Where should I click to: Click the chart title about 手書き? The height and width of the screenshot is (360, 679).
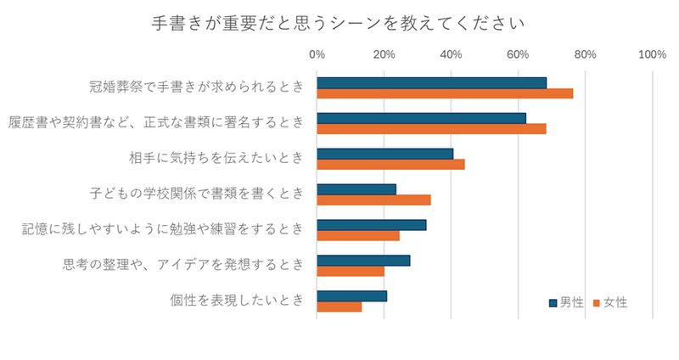coord(339,20)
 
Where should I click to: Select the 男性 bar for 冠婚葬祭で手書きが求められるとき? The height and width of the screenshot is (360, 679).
coord(431,82)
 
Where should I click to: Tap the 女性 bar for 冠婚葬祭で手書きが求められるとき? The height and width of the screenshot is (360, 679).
coord(445,93)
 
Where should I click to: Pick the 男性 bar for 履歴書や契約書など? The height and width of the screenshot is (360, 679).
coord(421,118)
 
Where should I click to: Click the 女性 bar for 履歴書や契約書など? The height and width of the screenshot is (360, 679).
coord(431,129)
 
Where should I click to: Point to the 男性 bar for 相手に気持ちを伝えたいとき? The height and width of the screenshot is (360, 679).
coord(384,154)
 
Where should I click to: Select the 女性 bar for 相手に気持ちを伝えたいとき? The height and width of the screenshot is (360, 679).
coord(390,165)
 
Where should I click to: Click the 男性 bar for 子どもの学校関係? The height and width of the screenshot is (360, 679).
coord(356,189)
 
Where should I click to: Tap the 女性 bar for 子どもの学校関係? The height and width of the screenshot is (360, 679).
coord(373,200)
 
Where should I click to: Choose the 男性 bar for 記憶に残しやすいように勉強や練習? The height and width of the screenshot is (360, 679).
coord(371,225)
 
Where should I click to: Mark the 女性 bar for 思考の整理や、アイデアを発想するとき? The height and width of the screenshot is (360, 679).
coord(351,272)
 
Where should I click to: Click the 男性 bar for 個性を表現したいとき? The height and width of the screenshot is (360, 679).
coord(351,296)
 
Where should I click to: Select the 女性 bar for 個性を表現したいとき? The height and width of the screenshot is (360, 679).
coord(339,307)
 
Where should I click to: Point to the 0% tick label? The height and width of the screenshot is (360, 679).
coord(317,55)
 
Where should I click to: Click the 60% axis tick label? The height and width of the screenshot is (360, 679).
coord(518,55)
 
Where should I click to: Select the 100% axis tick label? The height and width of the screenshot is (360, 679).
coord(651,55)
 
